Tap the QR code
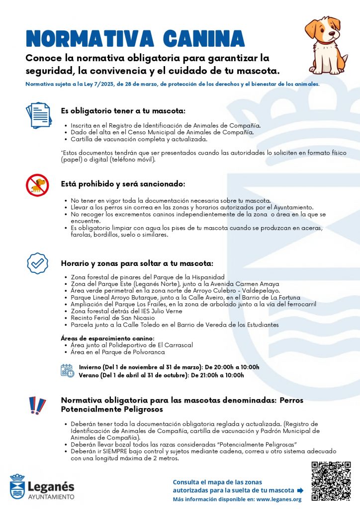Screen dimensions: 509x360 point(331,481)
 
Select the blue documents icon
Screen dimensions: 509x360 point(38,115)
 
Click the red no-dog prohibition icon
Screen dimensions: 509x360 point(37,185)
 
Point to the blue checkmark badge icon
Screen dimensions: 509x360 point(37,263)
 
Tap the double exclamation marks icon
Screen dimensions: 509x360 point(37,405)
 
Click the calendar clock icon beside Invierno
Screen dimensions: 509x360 point(67,371)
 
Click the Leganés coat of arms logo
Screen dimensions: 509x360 point(17,486)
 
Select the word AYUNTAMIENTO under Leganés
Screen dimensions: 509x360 point(51,496)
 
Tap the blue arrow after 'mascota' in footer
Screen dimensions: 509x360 point(300,491)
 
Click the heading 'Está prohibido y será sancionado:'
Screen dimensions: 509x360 point(123,183)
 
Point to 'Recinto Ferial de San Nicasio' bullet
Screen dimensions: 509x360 point(112,318)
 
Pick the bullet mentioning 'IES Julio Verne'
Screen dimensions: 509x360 point(126,311)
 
